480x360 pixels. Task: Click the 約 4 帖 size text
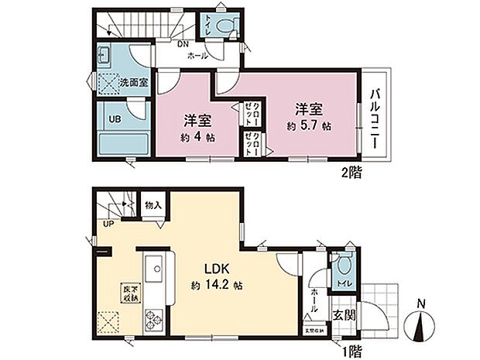[199, 137]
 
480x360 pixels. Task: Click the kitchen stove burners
[154, 316]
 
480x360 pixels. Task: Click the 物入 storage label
[153, 205]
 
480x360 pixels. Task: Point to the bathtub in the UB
[122, 143]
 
